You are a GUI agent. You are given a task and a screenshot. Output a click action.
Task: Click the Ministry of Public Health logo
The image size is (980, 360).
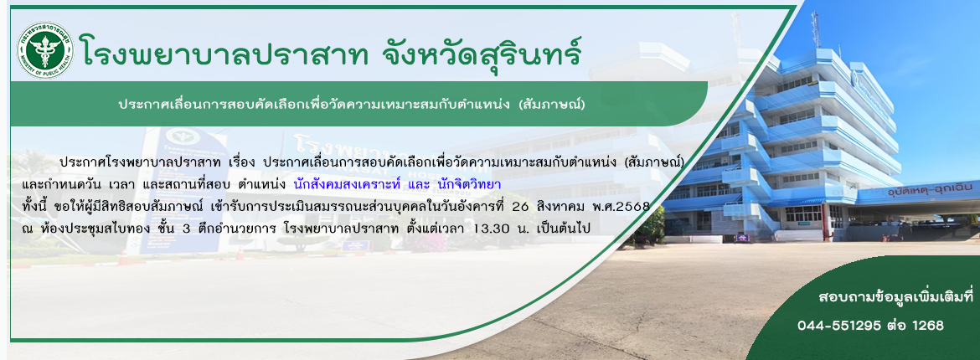coord(45,50)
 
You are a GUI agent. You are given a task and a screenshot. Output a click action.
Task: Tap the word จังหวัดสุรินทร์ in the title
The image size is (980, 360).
coord(482,50)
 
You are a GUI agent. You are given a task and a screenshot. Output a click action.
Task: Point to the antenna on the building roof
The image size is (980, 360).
coord(815,29)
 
